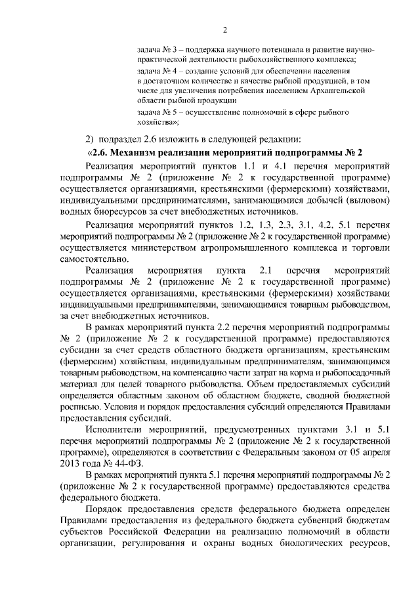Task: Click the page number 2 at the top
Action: click(224, 30)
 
